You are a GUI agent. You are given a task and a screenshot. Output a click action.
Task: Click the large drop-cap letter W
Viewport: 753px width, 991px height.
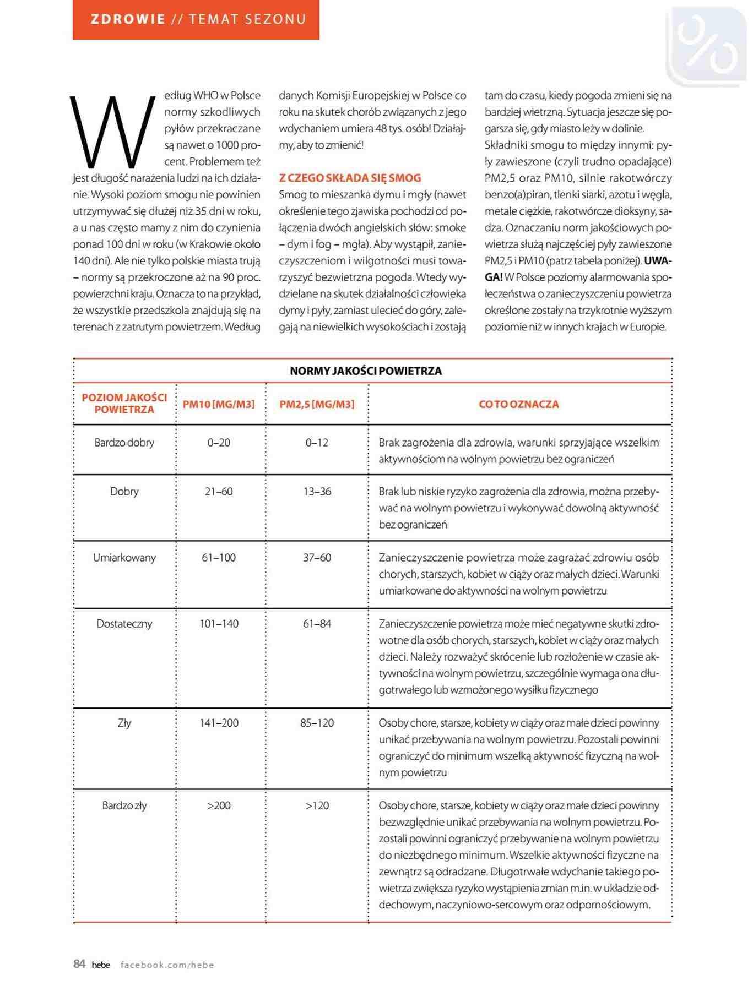pyautogui.click(x=113, y=132)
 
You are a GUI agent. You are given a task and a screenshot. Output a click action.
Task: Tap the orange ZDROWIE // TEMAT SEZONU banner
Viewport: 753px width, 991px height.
pyautogui.click(x=196, y=19)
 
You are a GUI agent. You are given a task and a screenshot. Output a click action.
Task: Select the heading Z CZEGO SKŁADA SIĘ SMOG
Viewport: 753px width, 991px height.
pyautogui.click(x=350, y=178)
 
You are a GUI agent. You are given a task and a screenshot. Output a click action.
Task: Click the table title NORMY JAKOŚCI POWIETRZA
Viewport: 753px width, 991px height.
pyautogui.click(x=366, y=371)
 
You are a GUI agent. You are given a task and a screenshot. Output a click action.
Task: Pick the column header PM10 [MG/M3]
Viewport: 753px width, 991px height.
pyautogui.click(x=219, y=404)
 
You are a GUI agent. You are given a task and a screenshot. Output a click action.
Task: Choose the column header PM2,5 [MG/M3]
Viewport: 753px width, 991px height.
pyautogui.click(x=317, y=404)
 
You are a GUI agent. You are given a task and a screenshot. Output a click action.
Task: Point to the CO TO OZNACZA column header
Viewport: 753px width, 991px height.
pyautogui.click(x=519, y=404)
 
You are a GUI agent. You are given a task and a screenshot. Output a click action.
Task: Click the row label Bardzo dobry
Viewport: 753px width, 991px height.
pyautogui.click(x=124, y=443)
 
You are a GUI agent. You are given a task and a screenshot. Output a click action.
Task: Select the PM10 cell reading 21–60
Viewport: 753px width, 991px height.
pyautogui.click(x=219, y=492)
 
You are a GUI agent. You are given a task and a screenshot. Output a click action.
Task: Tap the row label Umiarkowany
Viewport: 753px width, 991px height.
pyautogui.click(x=124, y=558)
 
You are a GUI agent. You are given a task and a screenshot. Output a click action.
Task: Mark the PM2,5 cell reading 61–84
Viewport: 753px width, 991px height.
pyautogui.click(x=317, y=624)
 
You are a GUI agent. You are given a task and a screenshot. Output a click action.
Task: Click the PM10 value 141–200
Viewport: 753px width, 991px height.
pyautogui.click(x=219, y=723)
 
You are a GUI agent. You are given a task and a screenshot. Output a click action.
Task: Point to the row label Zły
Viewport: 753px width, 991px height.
pyautogui.click(x=124, y=723)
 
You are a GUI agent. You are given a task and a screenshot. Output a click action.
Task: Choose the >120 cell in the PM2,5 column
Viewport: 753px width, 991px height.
pyautogui.click(x=317, y=805)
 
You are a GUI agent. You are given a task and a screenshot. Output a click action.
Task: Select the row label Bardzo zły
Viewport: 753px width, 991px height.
pyautogui.click(x=124, y=805)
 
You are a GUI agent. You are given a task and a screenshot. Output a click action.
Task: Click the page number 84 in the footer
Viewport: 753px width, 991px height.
pyautogui.click(x=79, y=964)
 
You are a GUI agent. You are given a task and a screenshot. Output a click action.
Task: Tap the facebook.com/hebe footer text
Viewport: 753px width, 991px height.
pyautogui.click(x=167, y=965)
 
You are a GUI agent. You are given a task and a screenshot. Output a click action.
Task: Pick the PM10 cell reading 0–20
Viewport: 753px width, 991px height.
pyautogui.click(x=219, y=443)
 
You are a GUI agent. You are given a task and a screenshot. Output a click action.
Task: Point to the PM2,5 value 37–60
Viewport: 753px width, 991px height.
pyautogui.click(x=317, y=558)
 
